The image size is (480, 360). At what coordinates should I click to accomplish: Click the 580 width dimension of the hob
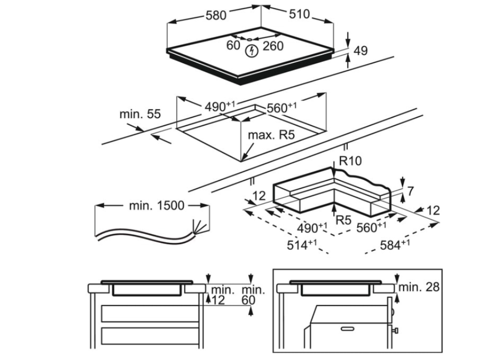(216, 15)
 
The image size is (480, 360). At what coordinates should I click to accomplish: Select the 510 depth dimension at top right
(299, 15)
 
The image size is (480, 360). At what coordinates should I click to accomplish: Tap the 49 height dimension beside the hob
(360, 51)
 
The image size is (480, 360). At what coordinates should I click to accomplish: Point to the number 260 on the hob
(273, 46)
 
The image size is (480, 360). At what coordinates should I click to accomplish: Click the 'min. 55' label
(140, 114)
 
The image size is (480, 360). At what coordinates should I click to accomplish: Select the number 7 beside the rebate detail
(410, 191)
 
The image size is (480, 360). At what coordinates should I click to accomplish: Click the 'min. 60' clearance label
(253, 294)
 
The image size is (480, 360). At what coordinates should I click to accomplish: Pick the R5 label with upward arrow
(344, 219)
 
